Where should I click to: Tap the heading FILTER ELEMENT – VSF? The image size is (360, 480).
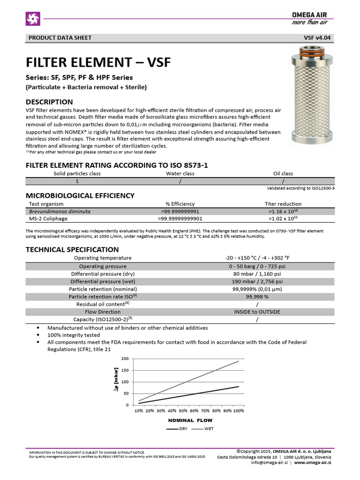coord(98,62)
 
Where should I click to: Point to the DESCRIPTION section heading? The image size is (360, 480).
coord(49,102)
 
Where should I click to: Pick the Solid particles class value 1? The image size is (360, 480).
coord(77,181)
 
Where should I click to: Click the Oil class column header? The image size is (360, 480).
coord(283,173)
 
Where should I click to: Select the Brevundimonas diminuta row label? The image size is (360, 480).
coord(60,211)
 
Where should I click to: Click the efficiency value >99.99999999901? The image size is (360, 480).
coord(180,218)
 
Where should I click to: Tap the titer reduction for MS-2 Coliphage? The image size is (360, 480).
coord(283,218)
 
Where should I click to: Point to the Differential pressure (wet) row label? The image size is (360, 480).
coord(102,281)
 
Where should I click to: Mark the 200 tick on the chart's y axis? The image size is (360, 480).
coord(125,359)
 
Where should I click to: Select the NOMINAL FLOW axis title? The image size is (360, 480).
coord(190,420)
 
